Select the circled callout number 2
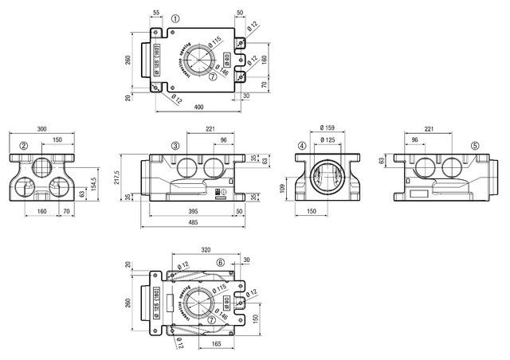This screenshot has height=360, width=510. (x=25, y=146)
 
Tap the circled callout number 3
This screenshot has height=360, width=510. (x=175, y=146)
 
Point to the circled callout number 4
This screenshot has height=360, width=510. (x=302, y=146)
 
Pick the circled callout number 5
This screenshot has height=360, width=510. (x=475, y=146)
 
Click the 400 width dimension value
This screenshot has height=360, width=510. (x=196, y=107)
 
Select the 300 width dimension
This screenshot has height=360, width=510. (x=41, y=128)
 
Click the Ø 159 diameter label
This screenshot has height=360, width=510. (x=326, y=128)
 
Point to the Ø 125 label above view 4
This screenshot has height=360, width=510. (x=326, y=140)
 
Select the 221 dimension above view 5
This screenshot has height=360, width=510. (x=430, y=128)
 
